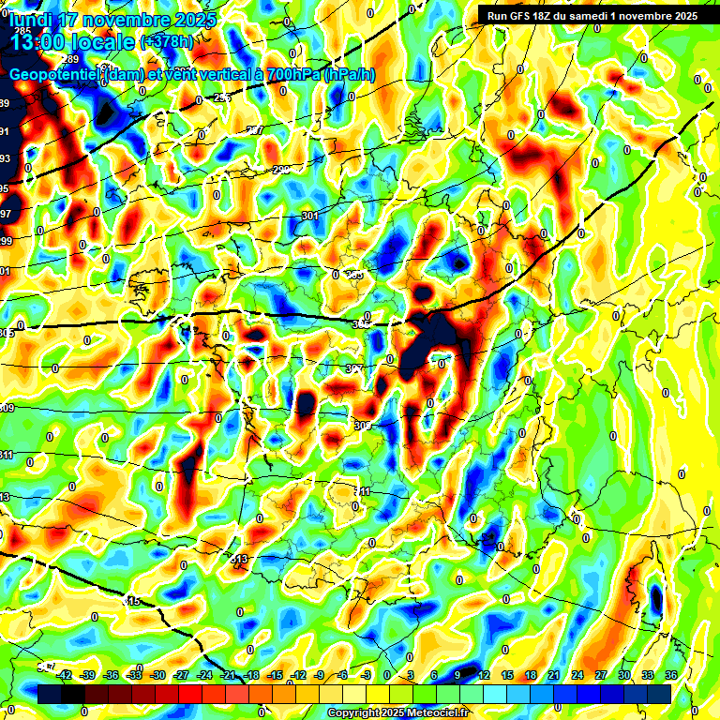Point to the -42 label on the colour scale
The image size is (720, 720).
65,675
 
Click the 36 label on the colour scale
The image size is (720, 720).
671,675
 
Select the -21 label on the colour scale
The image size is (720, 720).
229,675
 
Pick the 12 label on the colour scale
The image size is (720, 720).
484,675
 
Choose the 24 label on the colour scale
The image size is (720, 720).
576,675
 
